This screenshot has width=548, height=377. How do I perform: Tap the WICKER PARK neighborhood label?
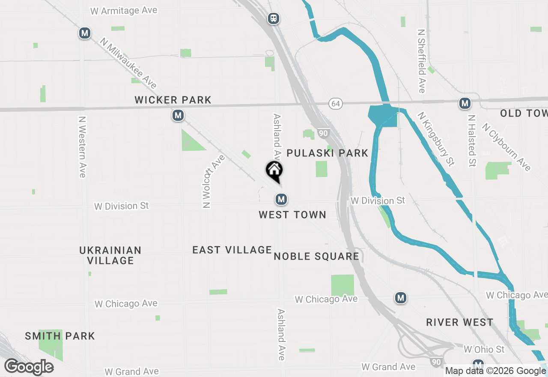(173, 100)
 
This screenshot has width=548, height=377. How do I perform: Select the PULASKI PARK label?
(328, 153)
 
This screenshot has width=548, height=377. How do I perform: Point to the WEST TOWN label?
(292, 215)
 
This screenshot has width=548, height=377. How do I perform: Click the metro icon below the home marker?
(281, 199)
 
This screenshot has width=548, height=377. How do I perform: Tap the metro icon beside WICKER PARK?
(178, 115)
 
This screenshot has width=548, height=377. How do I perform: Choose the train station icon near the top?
(273, 18)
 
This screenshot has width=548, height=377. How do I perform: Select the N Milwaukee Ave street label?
(128, 63)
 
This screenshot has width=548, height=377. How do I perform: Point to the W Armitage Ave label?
(124, 10)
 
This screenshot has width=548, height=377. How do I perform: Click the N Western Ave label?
(82, 147)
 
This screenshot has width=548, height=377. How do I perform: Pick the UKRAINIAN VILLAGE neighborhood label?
(110, 255)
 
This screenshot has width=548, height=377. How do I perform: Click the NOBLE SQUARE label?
(316, 257)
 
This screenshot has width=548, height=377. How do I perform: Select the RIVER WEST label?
(460, 322)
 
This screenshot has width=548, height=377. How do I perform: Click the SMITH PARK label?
(60, 336)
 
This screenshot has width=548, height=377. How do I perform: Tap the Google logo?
(29, 367)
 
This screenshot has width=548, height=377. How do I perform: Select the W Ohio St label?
(484, 350)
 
